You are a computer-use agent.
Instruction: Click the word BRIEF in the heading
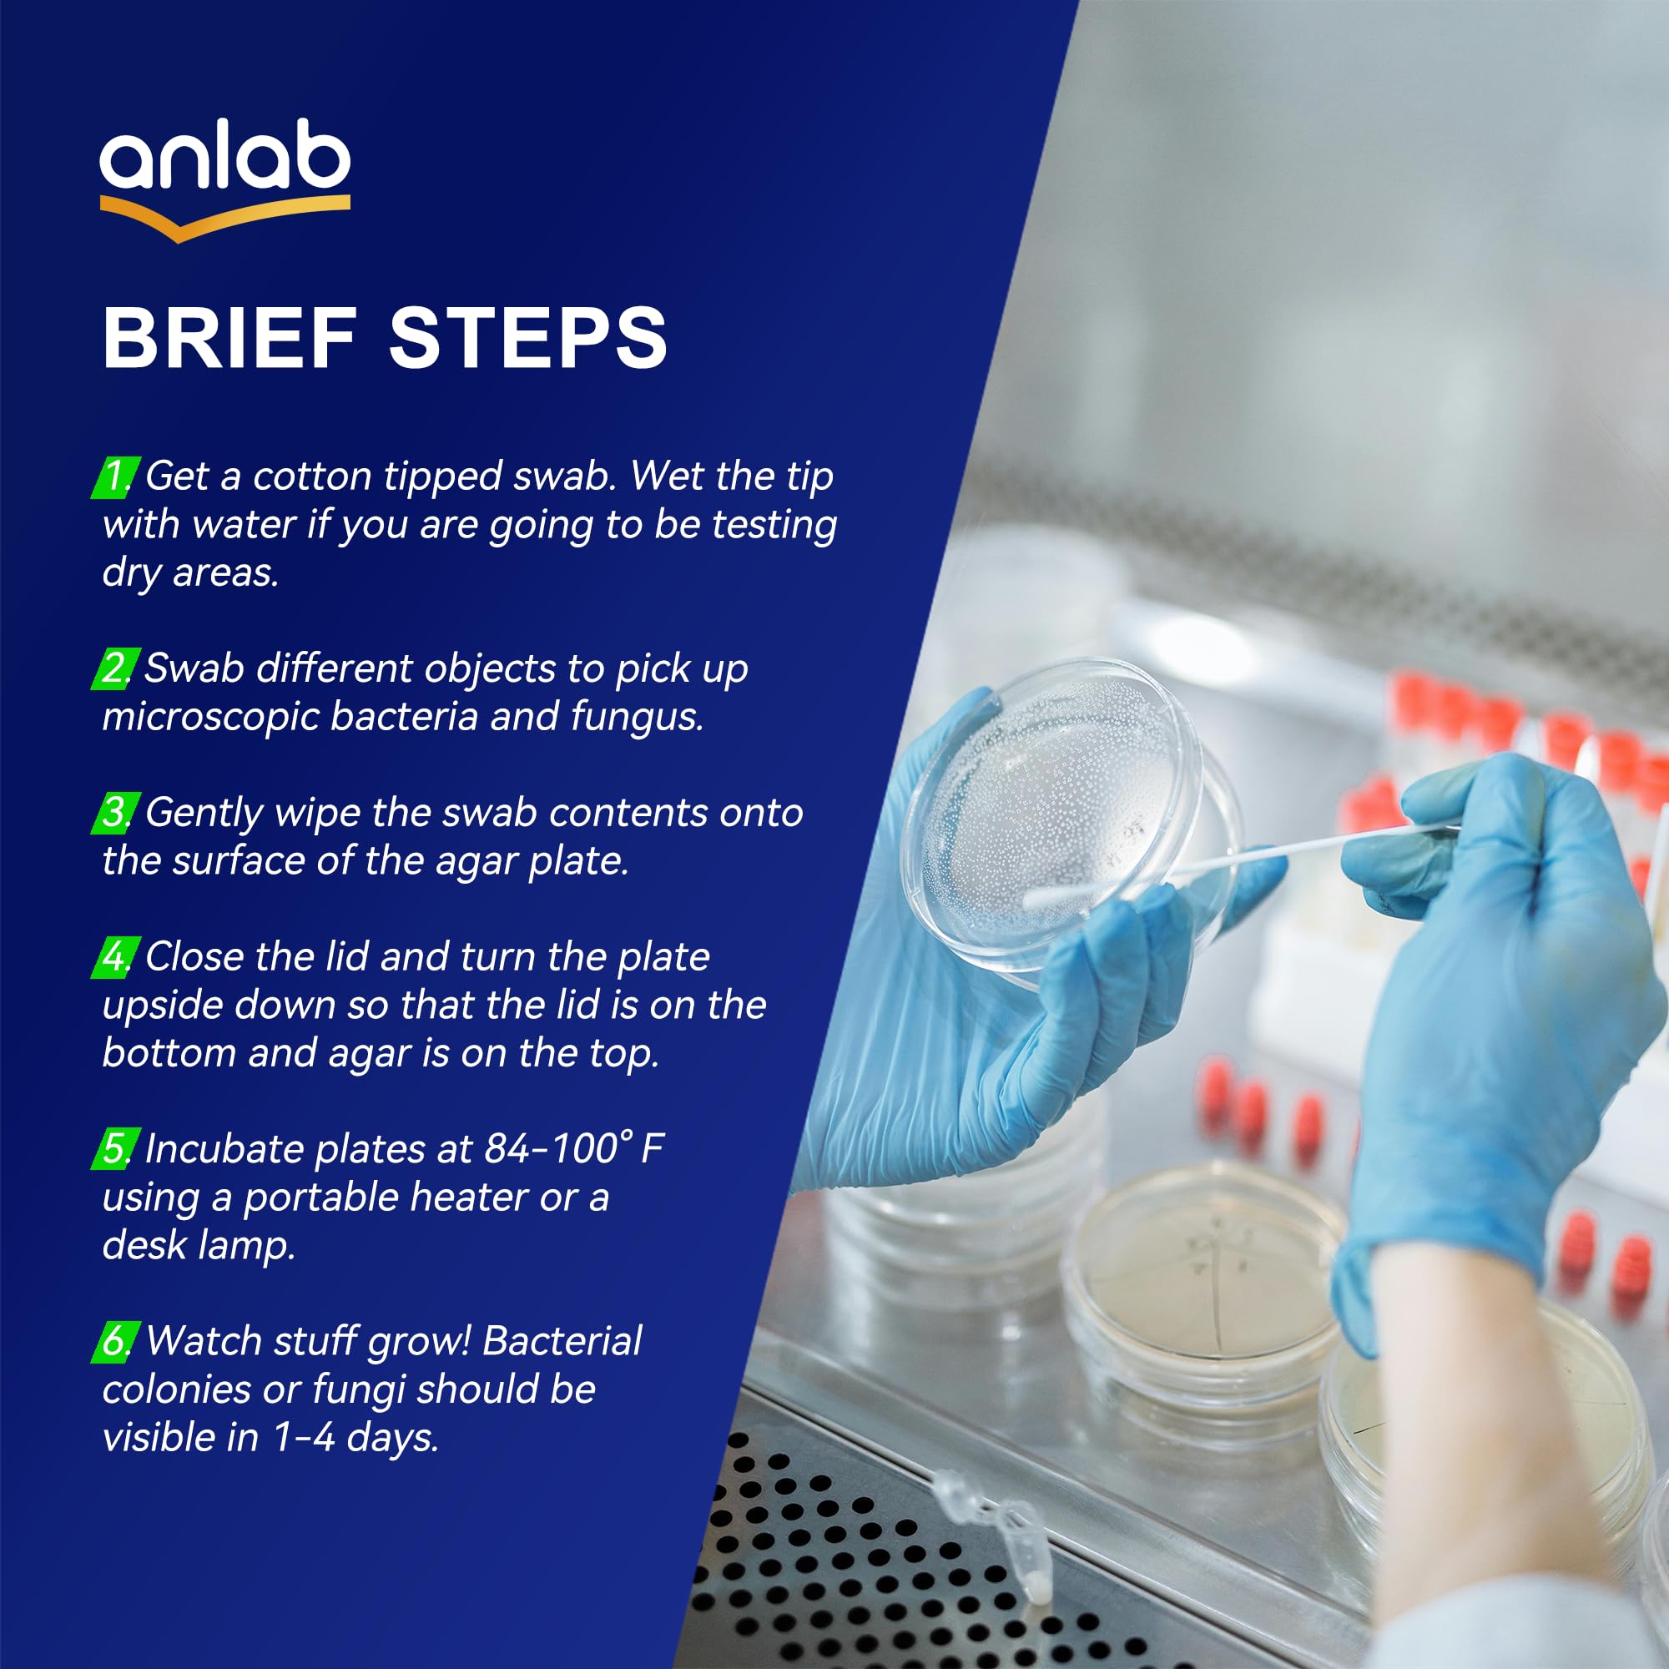(229, 338)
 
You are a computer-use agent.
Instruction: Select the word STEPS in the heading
(529, 338)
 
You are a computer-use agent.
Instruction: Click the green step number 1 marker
(115, 477)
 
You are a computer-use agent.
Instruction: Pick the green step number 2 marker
(115, 669)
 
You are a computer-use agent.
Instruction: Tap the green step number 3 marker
(115, 814)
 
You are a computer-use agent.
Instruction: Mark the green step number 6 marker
(115, 1342)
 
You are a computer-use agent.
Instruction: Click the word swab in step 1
(563, 476)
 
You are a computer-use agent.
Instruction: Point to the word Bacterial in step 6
(562, 1341)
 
